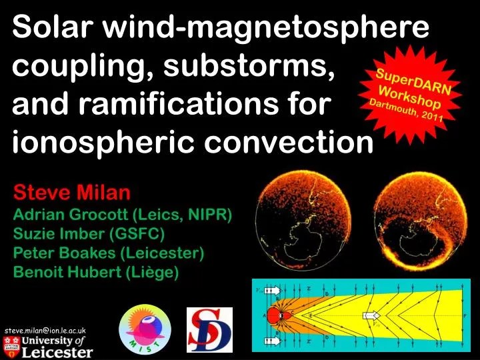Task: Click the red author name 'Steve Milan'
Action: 73,194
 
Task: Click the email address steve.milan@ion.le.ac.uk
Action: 45,330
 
